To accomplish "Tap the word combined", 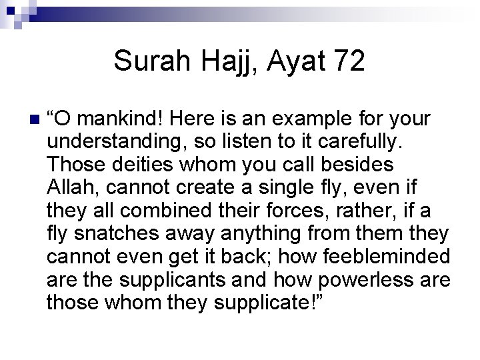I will pos(157,211).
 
